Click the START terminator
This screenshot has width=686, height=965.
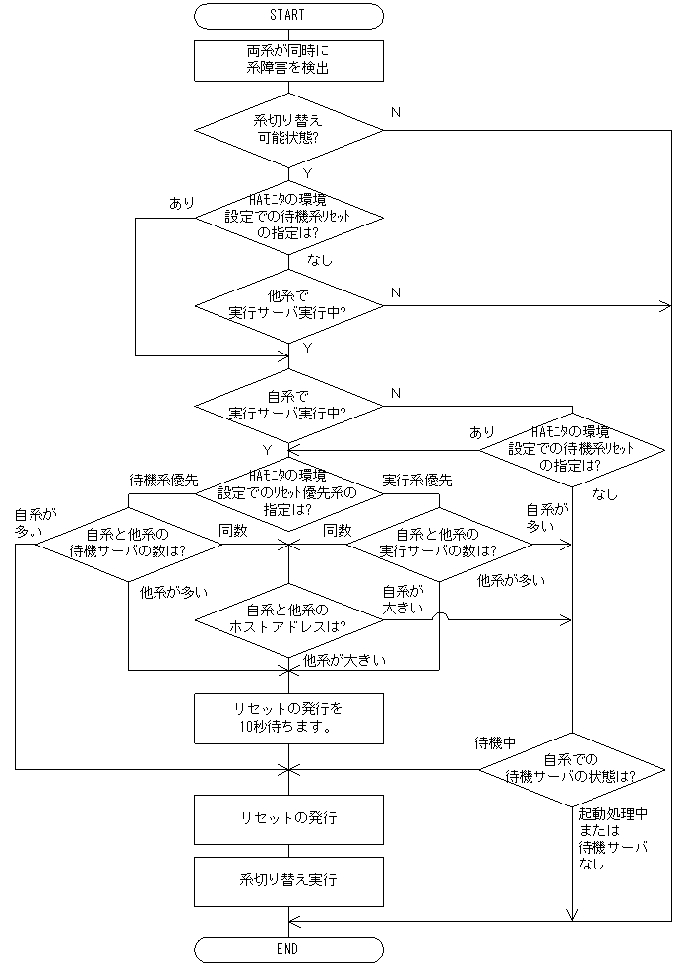tap(288, 16)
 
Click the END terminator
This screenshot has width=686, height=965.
tap(288, 949)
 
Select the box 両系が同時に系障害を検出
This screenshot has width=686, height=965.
tap(288, 60)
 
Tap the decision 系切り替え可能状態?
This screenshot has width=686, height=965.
tap(288, 130)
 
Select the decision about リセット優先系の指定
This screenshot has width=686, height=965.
tap(288, 494)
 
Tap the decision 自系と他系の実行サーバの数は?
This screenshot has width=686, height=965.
tap(438, 542)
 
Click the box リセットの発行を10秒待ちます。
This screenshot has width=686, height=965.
tap(288, 719)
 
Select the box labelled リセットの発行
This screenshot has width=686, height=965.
tap(288, 819)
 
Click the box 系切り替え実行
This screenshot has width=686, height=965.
tap(288, 880)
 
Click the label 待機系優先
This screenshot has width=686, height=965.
tap(164, 480)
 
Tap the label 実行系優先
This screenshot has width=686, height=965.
tap(416, 480)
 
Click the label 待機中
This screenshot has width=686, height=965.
tap(496, 740)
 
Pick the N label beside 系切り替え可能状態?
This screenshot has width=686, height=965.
tap(395, 112)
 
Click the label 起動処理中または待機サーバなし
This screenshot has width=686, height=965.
tap(612, 840)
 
